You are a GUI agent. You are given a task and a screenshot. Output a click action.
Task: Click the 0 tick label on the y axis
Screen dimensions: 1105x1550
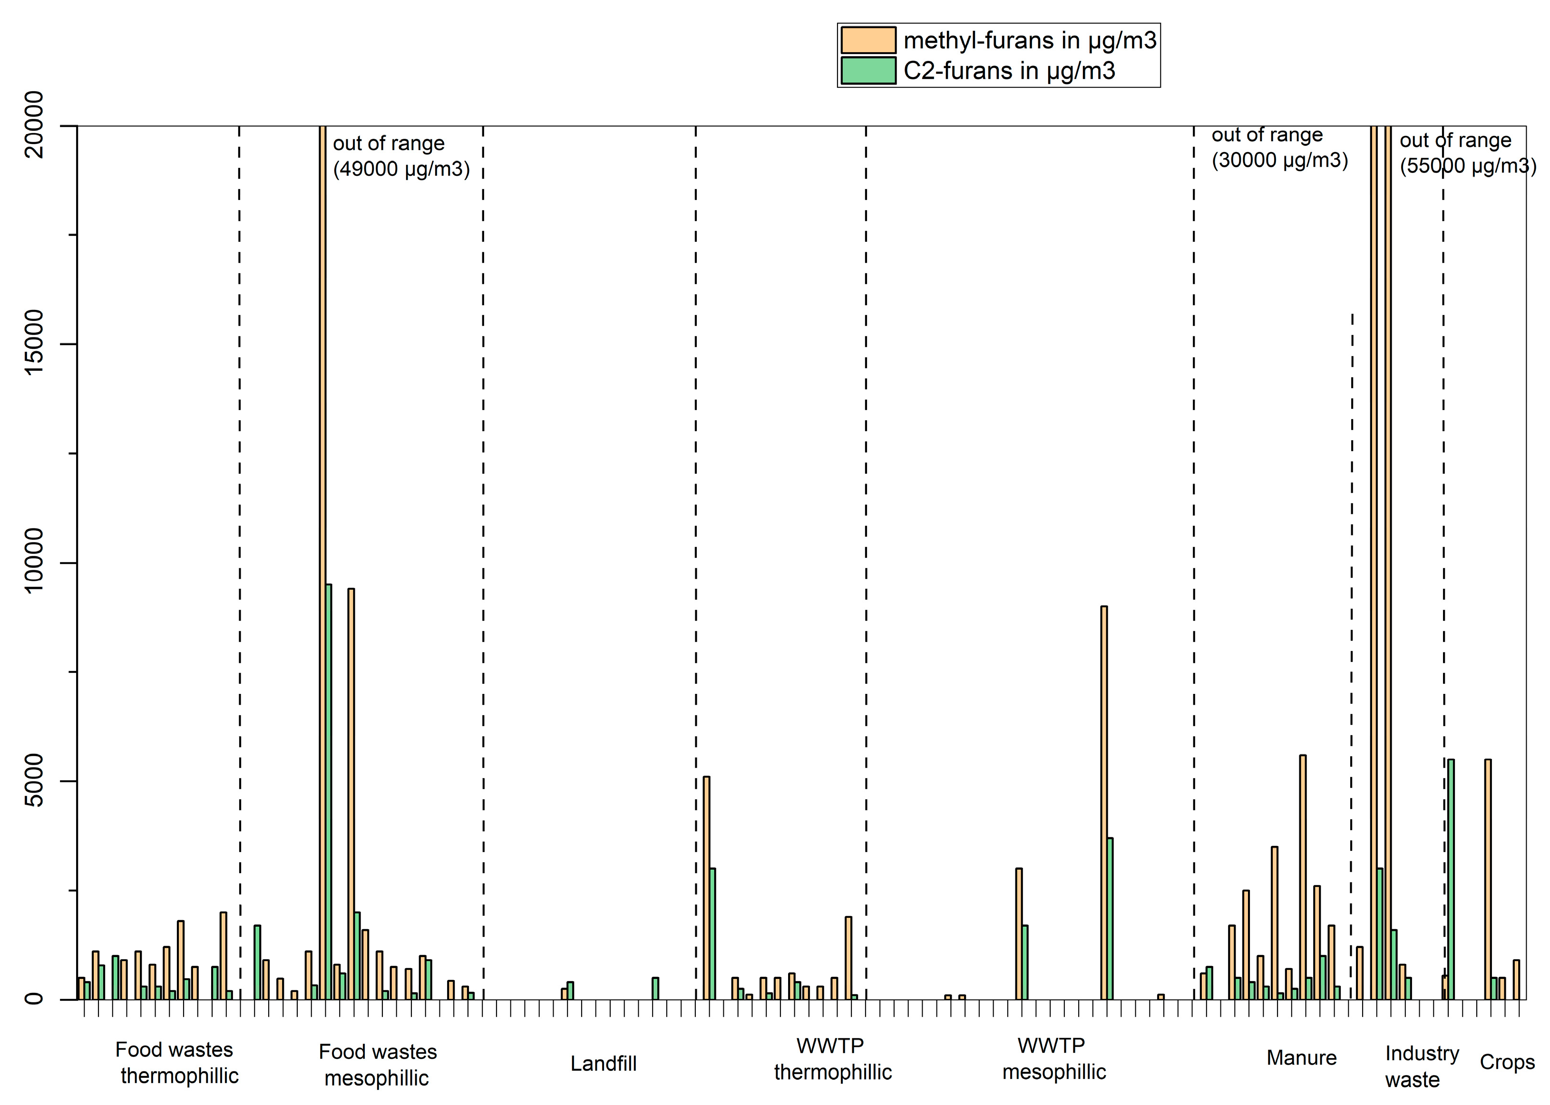[33, 999]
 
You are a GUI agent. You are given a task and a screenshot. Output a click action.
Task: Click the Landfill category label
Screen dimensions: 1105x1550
[603, 1064]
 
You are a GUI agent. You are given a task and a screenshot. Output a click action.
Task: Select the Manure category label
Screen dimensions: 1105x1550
[1301, 1058]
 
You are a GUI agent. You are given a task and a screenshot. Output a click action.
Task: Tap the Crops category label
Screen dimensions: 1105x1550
[1506, 1062]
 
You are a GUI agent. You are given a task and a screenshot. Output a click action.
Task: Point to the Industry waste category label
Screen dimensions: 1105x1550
[1421, 1066]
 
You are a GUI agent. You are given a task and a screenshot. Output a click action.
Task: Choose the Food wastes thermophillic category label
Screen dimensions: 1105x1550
[177, 1063]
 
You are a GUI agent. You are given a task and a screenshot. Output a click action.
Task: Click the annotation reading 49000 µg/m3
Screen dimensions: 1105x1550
[401, 169]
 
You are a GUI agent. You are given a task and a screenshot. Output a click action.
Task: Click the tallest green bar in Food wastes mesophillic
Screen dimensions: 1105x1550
[328, 789]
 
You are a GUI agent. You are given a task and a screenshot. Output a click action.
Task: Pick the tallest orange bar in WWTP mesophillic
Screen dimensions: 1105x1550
[1103, 803]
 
